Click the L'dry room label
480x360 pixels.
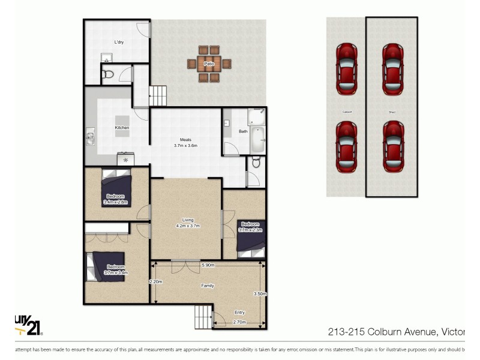(119, 43)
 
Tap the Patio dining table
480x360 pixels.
(209, 63)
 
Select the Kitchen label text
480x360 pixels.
(122, 128)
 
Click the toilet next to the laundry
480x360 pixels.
(108, 74)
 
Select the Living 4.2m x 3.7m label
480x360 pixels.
(187, 223)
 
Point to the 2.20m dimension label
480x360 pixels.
(156, 281)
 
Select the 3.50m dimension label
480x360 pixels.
(260, 293)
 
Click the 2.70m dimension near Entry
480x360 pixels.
(239, 322)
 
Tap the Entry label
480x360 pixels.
(239, 313)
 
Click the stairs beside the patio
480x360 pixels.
(158, 95)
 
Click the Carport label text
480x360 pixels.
(346, 112)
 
